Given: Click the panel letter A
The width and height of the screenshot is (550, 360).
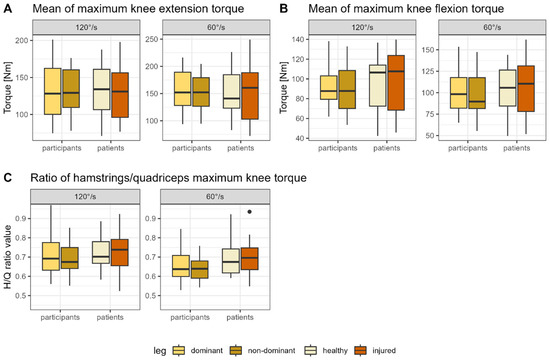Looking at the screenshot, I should pos(6,10).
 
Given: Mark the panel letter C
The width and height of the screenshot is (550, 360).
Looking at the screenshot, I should pos(6,177).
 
